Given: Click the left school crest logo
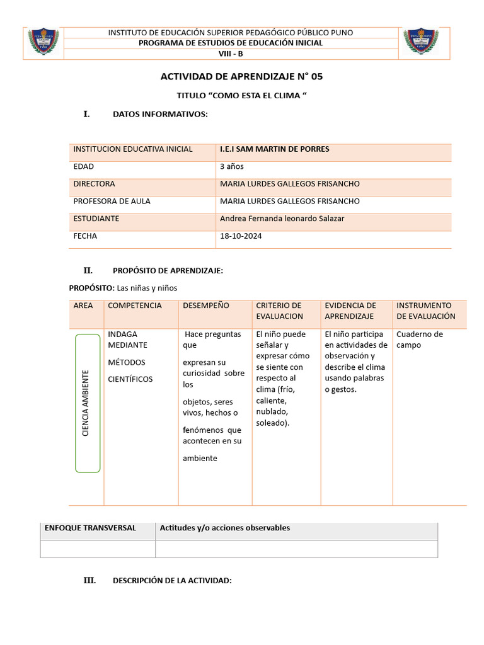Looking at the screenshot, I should point(43,42).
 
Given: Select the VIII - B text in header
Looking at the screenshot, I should point(231,54).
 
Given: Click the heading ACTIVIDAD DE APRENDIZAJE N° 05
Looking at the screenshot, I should point(241,77).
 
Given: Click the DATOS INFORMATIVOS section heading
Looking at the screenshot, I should point(160,114).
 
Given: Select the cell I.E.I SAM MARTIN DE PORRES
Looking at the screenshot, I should point(275,149).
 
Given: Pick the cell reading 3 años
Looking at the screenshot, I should point(232,167).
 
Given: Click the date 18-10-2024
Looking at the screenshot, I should point(241,236).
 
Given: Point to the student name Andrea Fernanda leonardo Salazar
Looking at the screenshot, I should point(282,219).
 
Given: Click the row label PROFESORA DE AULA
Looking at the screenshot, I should point(112,202).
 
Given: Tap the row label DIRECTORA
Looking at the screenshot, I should point(95,184).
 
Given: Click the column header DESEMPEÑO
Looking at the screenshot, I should point(206,305).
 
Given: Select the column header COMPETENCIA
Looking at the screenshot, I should point(135,305).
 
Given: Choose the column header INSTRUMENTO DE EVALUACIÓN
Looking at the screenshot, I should point(426,311).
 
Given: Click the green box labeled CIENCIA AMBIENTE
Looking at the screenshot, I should point(87,403).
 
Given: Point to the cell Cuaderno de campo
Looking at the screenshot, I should point(420,340).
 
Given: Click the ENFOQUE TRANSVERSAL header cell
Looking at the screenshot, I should point(90,528).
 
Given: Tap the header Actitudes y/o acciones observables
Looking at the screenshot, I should point(225,528).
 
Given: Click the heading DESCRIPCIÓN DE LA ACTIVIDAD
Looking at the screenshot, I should point(172,581).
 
